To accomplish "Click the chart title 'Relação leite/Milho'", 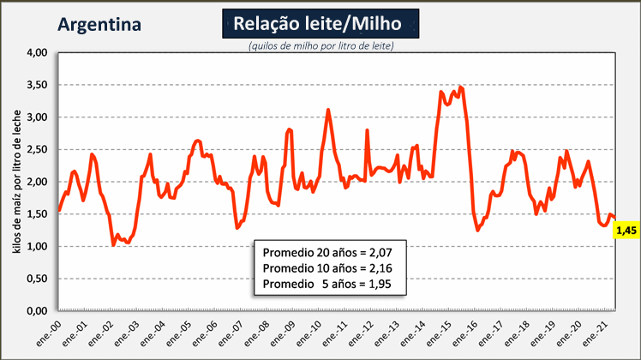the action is [x=317, y=23].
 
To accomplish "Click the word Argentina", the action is [x=99, y=25].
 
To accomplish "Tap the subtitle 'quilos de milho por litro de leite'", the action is [x=321, y=45].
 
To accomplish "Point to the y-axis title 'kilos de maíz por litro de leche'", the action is [x=17, y=181].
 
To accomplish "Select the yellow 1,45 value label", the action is [x=626, y=231].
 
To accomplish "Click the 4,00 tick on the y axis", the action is [x=37, y=52].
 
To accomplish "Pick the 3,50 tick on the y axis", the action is [x=37, y=85].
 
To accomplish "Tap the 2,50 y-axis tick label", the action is [x=37, y=149].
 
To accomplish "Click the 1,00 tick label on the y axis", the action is [x=37, y=246].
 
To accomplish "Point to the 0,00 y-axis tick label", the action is [x=37, y=311].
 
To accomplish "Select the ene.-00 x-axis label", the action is [x=49, y=333].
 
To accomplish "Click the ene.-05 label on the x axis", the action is [x=179, y=333].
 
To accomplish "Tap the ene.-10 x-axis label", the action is [x=309, y=333].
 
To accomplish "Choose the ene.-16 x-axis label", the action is [x=465, y=333].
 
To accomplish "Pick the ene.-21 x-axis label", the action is [x=596, y=333].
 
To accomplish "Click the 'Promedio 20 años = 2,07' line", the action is [x=327, y=253].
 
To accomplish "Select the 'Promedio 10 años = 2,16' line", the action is [x=327, y=268].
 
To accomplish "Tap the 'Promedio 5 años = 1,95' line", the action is [x=327, y=284].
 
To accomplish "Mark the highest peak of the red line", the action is [x=461, y=87].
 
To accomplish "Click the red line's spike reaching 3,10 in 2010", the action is [x=328, y=110].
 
